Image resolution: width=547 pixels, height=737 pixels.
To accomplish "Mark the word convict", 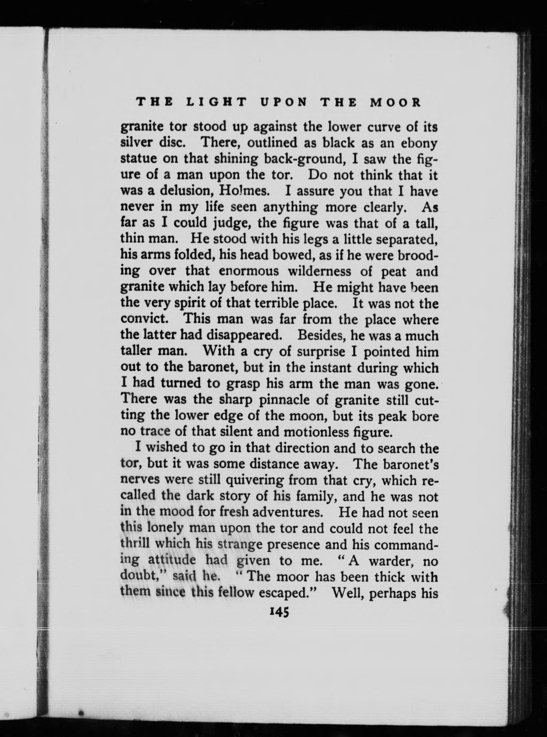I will tap(147, 320).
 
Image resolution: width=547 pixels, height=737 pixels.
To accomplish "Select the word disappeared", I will tap(244, 336).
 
